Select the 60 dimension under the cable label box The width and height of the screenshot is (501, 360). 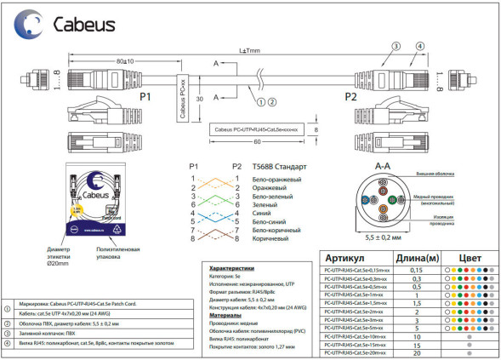(255, 142)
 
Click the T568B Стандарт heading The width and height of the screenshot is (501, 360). (280, 167)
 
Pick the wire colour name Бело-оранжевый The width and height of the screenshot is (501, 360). (276, 180)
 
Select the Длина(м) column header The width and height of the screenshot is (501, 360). (417, 258)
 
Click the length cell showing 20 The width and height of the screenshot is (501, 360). (417, 353)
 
